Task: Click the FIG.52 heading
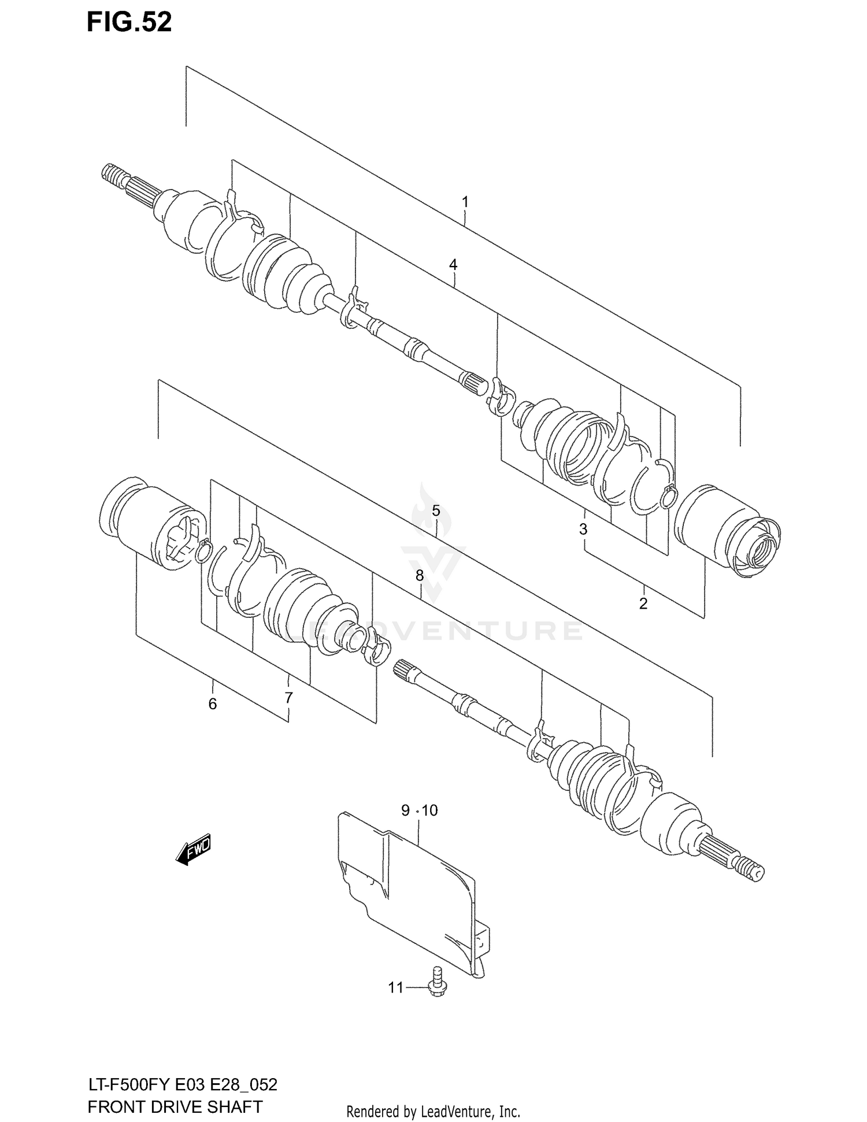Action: (x=129, y=23)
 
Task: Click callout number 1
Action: (x=465, y=202)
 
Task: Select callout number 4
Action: (x=453, y=265)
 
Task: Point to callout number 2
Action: (x=643, y=603)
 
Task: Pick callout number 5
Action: (x=436, y=511)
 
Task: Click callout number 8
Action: (x=420, y=575)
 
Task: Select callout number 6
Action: (x=212, y=704)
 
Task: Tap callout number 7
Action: (x=288, y=698)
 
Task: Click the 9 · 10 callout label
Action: (x=420, y=810)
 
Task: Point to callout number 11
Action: (x=395, y=988)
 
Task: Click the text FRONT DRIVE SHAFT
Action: (x=175, y=1106)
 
